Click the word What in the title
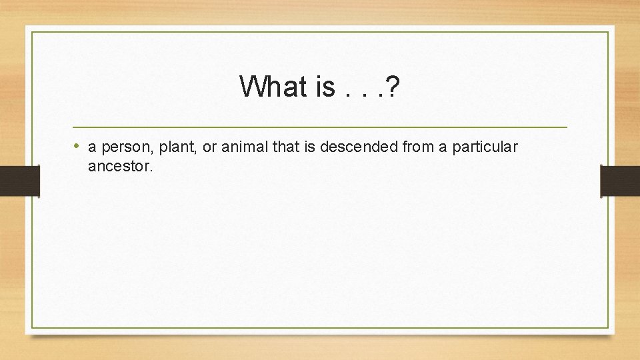(269, 86)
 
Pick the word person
(121, 147)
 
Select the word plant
(177, 147)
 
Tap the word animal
(245, 147)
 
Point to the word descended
(359, 147)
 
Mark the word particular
(485, 147)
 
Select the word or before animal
(209, 147)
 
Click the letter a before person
(92, 147)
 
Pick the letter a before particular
(443, 147)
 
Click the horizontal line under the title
(320, 127)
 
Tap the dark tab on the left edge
(19, 181)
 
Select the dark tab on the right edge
(620, 181)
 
